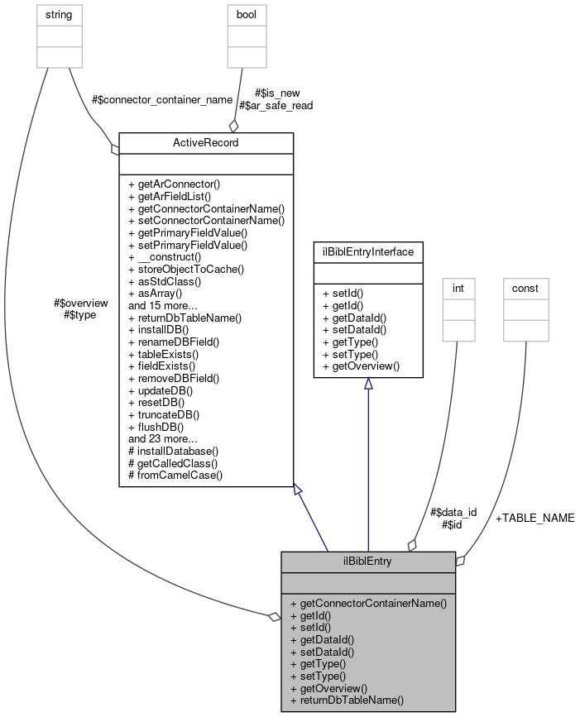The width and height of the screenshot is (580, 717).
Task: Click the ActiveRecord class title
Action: pos(206,142)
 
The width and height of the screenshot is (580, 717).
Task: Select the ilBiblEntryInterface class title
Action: pos(368,251)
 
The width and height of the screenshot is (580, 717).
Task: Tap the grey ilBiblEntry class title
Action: pos(368,562)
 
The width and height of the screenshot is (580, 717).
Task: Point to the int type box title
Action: pos(458,288)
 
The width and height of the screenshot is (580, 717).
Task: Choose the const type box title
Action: pos(525,288)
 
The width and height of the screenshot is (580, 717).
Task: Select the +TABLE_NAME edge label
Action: pos(534,518)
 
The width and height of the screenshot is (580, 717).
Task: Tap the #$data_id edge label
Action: pos(453,512)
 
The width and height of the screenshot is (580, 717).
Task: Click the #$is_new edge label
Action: pos(277,93)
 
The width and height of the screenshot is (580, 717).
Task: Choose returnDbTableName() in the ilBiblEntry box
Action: pos(347,700)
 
